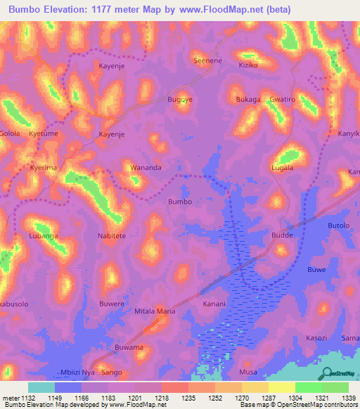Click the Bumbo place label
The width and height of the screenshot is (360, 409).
pyautogui.click(x=179, y=202)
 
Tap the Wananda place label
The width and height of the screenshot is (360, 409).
pyautogui.click(x=146, y=168)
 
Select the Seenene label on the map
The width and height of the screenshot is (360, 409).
pyautogui.click(x=208, y=61)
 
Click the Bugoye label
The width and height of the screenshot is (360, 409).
pyautogui.click(x=179, y=100)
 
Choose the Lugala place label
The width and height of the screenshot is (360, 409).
pyautogui.click(x=282, y=169)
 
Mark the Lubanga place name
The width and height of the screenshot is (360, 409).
pyautogui.click(x=44, y=236)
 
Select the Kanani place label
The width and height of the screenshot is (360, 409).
pyautogui.click(x=214, y=304)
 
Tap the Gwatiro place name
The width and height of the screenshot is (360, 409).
pyautogui.click(x=282, y=100)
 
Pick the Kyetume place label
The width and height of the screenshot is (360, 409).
pyautogui.click(x=44, y=134)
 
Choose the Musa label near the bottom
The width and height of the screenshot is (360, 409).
pyautogui.click(x=248, y=372)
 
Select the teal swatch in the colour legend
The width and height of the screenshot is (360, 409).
pyautogui.click(x=41, y=387)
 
